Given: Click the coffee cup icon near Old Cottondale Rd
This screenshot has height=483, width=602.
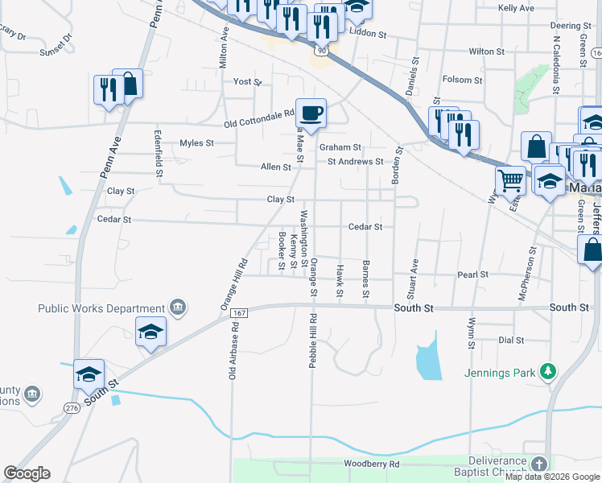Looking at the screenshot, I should pos(311,113).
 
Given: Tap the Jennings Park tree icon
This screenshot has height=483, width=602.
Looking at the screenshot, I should pos(548,371).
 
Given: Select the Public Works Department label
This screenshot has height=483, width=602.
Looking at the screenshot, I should pos(101,308).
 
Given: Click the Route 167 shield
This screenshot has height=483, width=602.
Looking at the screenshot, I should pos(238,312).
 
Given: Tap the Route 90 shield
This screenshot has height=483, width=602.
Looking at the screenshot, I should pos(322,50).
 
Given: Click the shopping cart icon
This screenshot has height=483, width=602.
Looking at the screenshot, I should pos(509,180).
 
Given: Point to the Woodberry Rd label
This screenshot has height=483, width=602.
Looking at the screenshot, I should pos(371,464).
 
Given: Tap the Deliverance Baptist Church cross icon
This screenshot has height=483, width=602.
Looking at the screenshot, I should pos(538,464).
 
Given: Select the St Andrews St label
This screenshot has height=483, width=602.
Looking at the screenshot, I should pos(355,161).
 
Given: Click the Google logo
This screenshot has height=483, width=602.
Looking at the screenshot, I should pos(27,473).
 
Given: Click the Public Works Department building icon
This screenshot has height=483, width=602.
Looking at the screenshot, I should pos(178,307).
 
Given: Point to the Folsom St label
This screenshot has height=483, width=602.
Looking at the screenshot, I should pos(462,80).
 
